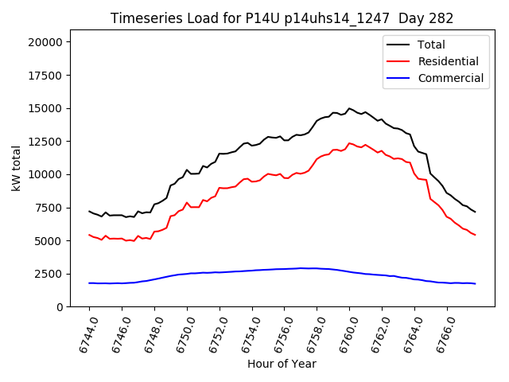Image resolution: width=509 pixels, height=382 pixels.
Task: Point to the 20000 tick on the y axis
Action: tap(49, 42)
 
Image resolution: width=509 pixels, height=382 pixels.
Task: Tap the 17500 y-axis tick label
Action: tap(49, 76)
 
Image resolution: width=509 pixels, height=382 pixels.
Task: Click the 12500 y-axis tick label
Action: tap(49, 142)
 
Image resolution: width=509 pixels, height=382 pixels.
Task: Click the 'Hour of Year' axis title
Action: tap(282, 364)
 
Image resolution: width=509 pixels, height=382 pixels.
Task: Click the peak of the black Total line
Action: tap(349, 108)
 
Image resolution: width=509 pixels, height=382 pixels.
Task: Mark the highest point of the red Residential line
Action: tap(349, 143)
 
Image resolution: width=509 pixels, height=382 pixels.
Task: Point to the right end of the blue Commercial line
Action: tap(475, 283)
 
